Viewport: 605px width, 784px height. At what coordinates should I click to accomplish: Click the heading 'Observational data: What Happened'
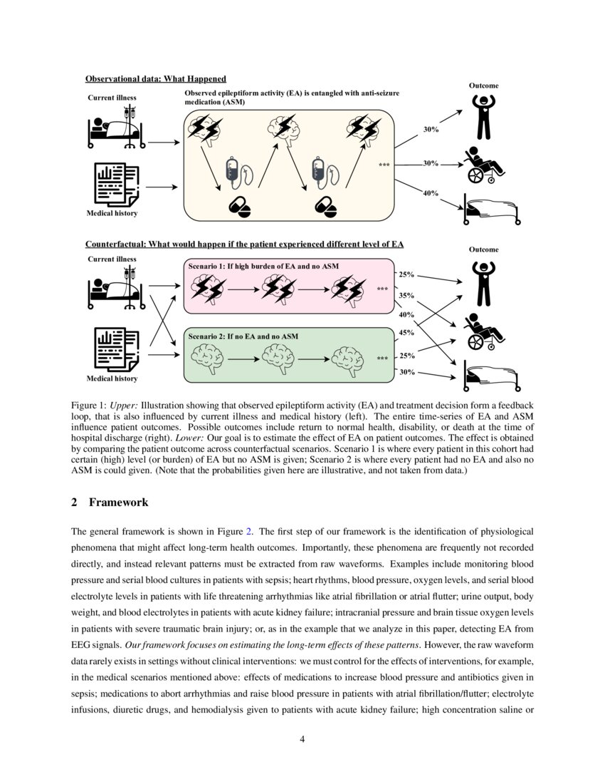click(x=156, y=78)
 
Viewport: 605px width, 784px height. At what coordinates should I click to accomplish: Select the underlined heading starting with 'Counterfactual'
click(x=244, y=244)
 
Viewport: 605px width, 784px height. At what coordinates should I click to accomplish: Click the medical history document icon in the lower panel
click(x=116, y=348)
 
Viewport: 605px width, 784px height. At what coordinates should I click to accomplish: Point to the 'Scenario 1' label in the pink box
click(x=263, y=267)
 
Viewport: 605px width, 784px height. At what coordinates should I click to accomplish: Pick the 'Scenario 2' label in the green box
click(x=243, y=336)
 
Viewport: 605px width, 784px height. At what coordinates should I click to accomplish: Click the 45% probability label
click(x=406, y=332)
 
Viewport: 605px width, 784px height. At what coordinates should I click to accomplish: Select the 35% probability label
click(x=406, y=294)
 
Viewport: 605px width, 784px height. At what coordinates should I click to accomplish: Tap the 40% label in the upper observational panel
click(x=430, y=193)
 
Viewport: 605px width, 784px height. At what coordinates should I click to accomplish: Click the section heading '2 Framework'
click(x=110, y=502)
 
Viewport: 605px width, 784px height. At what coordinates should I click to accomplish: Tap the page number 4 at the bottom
click(x=302, y=738)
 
